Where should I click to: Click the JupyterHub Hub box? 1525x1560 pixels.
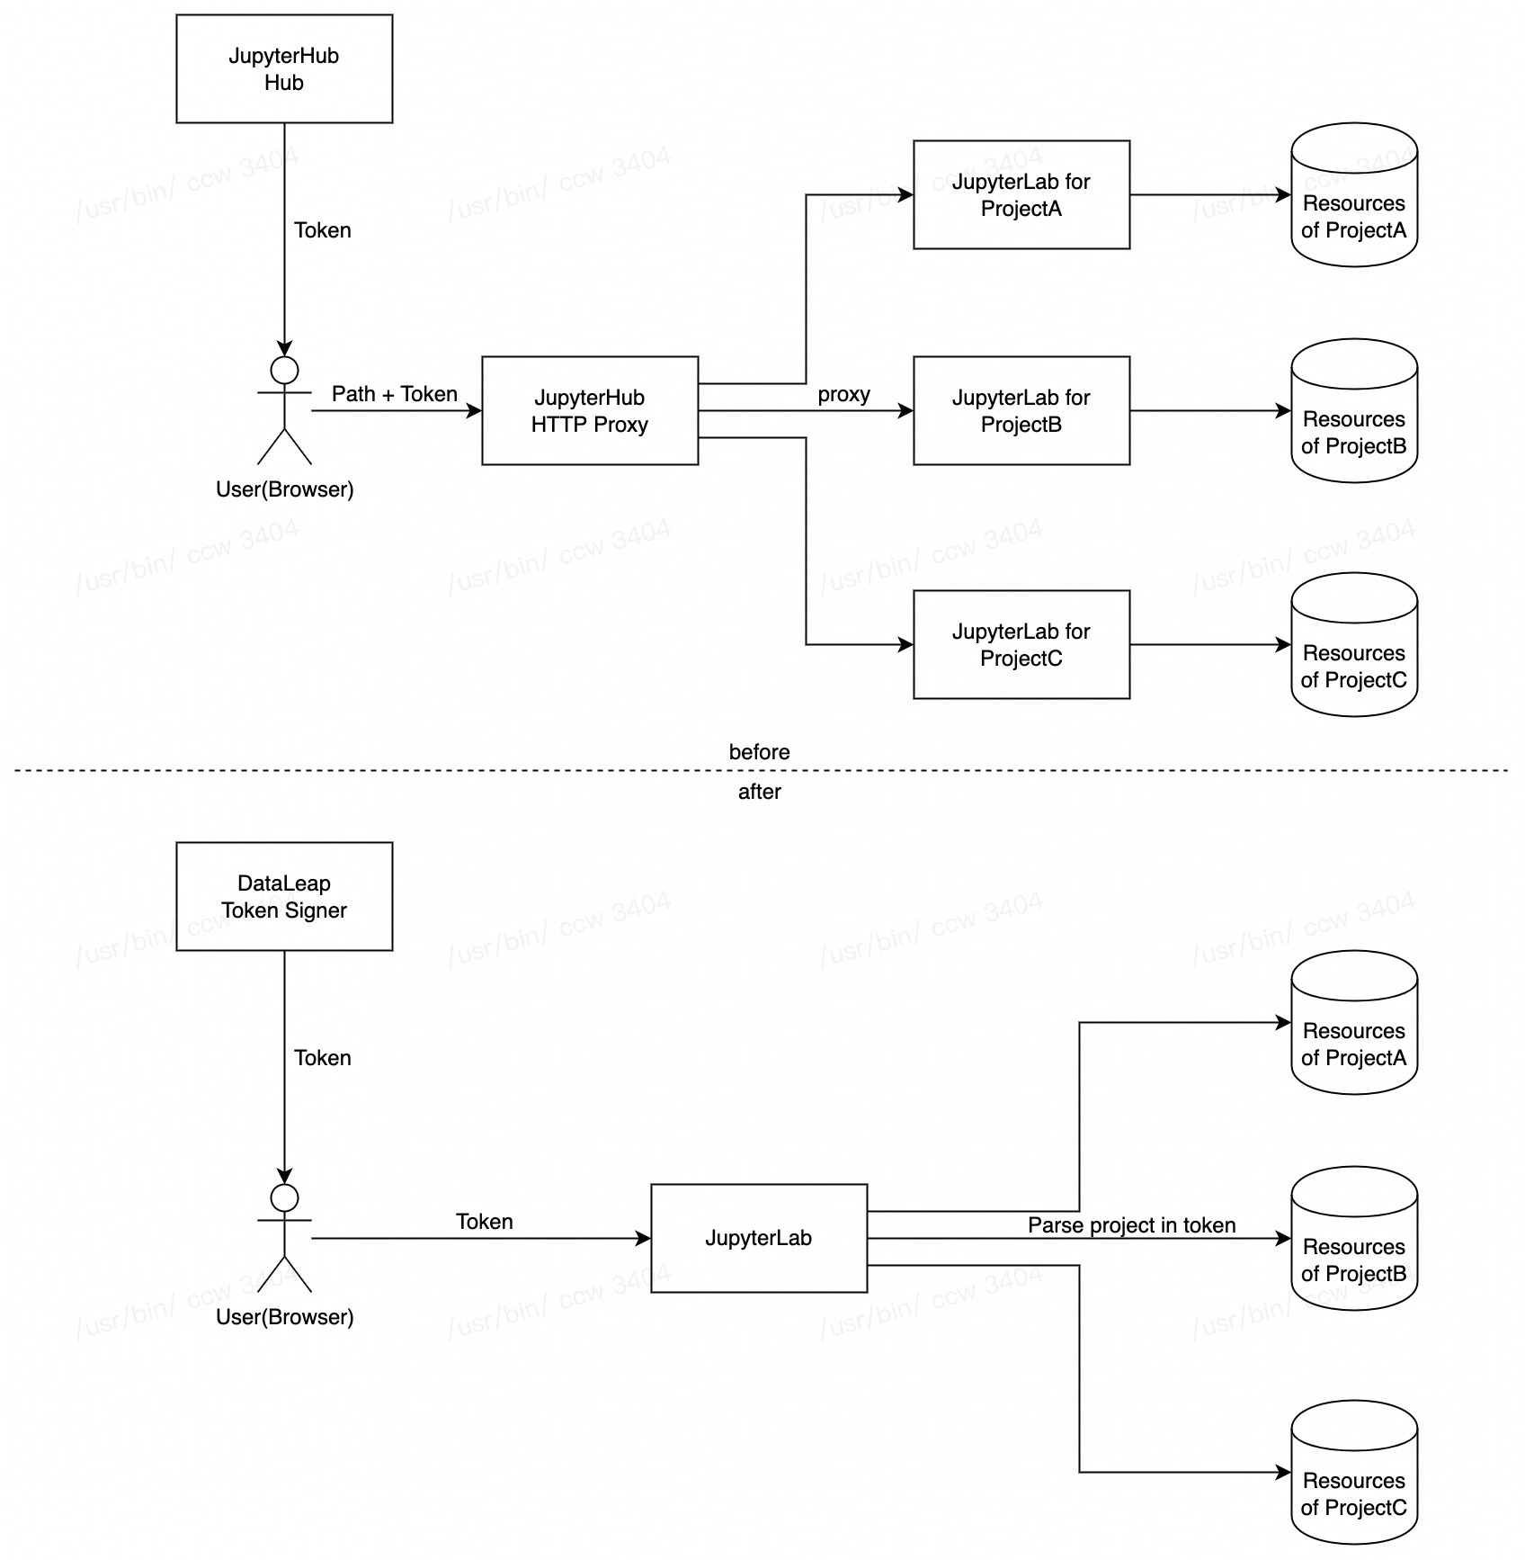(284, 68)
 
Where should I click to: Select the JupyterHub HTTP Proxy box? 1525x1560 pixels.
(590, 410)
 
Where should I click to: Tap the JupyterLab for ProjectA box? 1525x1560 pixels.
(1021, 194)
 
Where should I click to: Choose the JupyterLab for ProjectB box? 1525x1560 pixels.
(1021, 410)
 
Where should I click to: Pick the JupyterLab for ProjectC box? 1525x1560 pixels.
(1021, 644)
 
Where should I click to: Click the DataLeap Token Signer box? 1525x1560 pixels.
(284, 896)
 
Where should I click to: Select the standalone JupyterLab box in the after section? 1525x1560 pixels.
(759, 1238)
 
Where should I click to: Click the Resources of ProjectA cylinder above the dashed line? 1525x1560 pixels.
(1354, 194)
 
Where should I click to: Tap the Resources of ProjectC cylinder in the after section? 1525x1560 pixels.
(1354, 1472)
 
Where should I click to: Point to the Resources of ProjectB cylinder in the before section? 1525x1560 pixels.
(1354, 410)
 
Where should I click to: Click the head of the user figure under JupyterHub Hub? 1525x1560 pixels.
(284, 370)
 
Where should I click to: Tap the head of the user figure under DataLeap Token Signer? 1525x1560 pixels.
(284, 1197)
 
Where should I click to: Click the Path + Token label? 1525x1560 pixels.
(395, 394)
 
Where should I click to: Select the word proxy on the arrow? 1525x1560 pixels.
(843, 395)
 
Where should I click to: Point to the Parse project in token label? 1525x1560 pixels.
(1131, 1225)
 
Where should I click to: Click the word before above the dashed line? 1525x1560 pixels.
(760, 752)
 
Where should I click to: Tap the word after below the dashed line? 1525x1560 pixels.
(760, 792)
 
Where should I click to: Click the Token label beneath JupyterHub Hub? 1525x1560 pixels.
(323, 230)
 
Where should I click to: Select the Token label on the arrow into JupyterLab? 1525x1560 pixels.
(485, 1222)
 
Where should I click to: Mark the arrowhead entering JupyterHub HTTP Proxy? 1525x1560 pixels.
(475, 411)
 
